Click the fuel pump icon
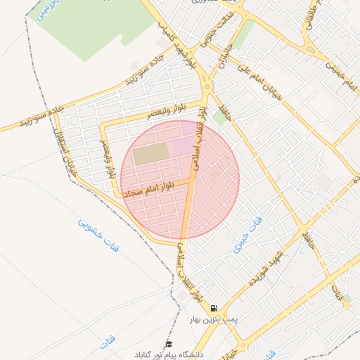pos(213,308)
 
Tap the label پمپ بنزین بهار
pos(214,319)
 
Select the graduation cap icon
pos(168,344)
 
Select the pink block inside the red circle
pos(182,146)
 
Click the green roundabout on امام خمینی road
pos(311,50)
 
